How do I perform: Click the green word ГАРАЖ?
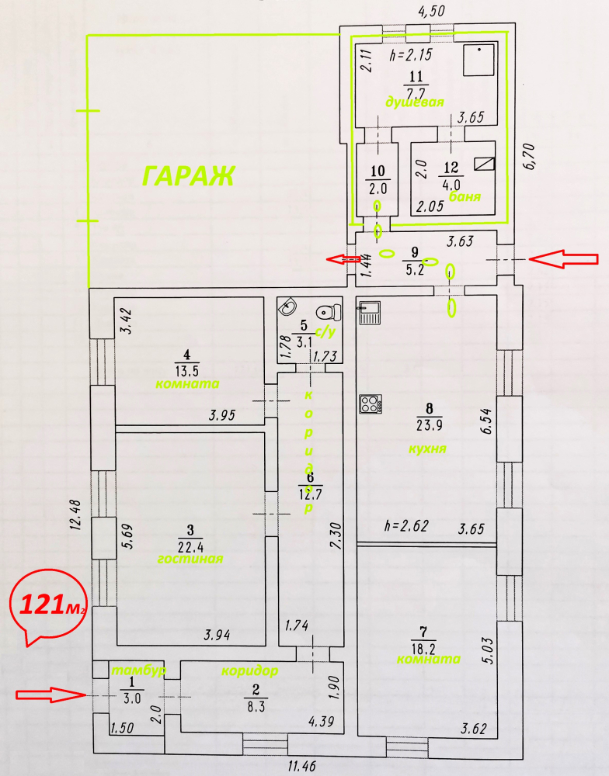click(188, 175)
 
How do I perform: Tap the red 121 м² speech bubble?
click(47, 605)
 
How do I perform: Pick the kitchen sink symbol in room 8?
click(369, 313)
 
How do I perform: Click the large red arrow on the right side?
click(564, 259)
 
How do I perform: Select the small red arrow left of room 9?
click(343, 259)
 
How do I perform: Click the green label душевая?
click(415, 102)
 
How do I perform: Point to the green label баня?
click(465, 196)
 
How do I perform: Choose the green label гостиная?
click(190, 559)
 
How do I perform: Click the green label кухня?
click(427, 449)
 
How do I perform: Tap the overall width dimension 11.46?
click(301, 767)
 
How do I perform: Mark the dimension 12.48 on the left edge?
click(75, 515)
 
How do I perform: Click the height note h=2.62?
click(406, 525)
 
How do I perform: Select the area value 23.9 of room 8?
click(429, 424)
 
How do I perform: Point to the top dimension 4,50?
click(432, 11)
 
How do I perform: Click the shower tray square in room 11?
click(478, 60)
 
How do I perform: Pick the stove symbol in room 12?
click(484, 164)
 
